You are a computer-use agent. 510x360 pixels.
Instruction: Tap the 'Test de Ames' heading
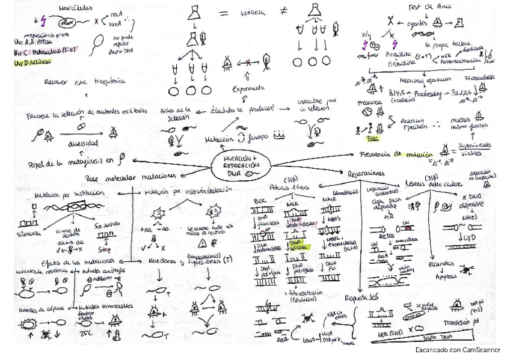point(425,7)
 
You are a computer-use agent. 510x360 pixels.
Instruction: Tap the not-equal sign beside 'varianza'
point(283,11)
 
